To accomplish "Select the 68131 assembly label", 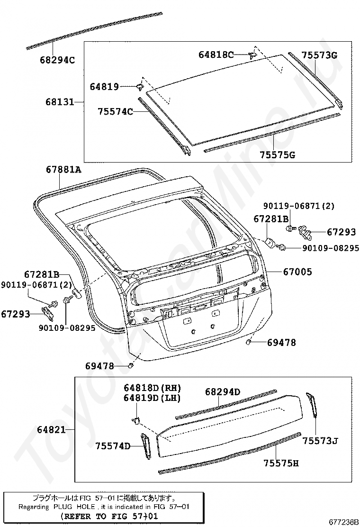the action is (60, 101).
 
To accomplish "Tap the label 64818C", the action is (216, 55).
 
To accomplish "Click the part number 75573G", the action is (319, 55).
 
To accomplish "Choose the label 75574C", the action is (115, 112).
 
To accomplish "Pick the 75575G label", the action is (278, 154).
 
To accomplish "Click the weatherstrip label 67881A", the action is (63, 169).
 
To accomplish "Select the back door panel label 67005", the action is (297, 272).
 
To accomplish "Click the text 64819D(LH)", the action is (153, 398).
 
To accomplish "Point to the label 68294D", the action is (223, 392).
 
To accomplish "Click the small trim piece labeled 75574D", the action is (145, 446).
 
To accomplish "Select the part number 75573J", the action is (320, 441).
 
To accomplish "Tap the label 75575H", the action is (281, 463).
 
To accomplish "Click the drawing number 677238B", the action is (343, 522).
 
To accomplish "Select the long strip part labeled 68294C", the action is (95, 29).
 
